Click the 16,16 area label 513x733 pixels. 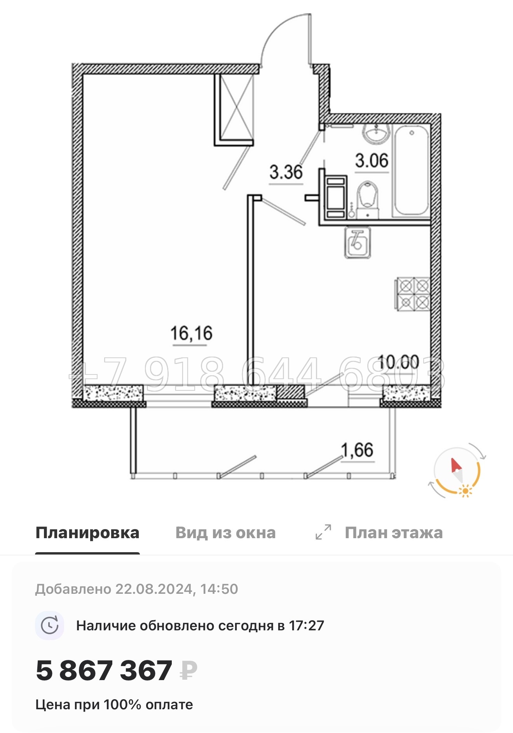(191, 334)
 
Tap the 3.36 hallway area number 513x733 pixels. (286, 172)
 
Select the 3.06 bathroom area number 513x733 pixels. (372, 161)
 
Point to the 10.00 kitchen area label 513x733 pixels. (398, 362)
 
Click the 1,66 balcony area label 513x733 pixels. (357, 450)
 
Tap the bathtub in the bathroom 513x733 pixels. (411, 171)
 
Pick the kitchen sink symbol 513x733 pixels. (357, 243)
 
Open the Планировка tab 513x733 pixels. (87, 533)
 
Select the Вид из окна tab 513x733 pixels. (225, 533)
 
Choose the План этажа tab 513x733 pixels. (393, 533)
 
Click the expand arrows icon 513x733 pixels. (323, 532)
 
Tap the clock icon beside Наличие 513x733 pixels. (50, 626)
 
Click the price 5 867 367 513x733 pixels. (104, 670)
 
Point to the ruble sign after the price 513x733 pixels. (188, 670)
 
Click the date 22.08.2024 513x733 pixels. (154, 589)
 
